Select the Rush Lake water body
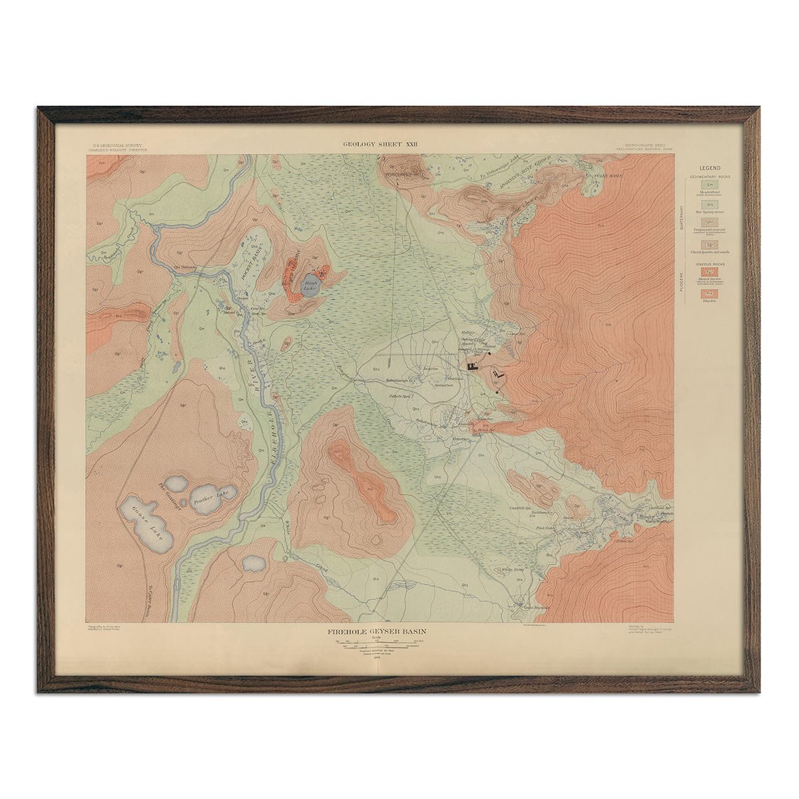point(311,286)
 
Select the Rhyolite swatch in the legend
point(710,293)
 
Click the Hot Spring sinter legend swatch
point(710,204)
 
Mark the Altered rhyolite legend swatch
point(710,272)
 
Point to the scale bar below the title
point(379,644)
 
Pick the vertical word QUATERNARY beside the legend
point(680,216)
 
